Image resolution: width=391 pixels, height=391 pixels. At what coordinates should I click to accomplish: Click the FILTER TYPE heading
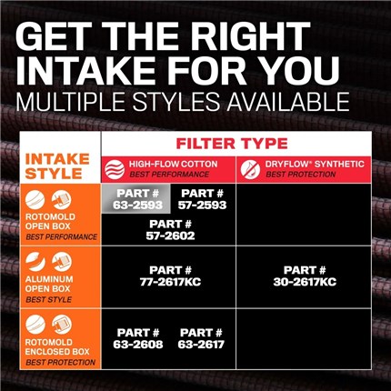(x=232, y=144)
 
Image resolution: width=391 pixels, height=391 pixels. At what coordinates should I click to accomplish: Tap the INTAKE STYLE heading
(x=57, y=166)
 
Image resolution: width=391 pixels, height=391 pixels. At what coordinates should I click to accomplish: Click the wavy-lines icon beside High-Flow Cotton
(x=115, y=169)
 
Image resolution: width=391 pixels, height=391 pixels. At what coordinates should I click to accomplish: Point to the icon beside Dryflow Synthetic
(x=250, y=169)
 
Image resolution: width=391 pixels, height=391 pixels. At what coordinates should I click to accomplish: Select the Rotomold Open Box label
(x=50, y=222)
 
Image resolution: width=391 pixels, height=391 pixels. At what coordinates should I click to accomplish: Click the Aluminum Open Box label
(x=49, y=284)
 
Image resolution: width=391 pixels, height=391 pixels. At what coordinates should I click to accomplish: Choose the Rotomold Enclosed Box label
(x=57, y=347)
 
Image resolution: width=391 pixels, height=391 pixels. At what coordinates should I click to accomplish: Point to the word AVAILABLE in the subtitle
(x=288, y=102)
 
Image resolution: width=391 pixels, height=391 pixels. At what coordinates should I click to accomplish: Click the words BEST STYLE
(x=49, y=300)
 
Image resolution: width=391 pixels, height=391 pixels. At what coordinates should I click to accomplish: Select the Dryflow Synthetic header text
(x=315, y=164)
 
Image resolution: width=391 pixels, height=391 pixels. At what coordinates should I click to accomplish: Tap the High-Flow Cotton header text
(x=174, y=164)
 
